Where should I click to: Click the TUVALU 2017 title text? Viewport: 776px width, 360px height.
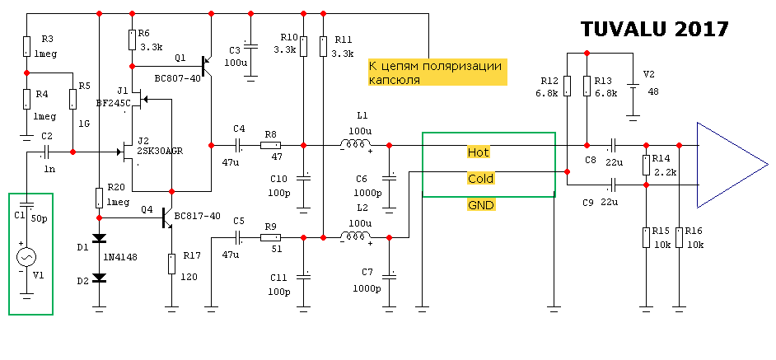(x=654, y=29)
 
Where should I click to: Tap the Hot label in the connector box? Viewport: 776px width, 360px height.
(x=479, y=152)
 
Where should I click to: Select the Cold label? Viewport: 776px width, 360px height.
(x=480, y=179)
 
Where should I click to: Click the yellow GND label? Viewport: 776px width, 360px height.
(x=480, y=204)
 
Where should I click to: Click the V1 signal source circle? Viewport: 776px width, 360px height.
(x=27, y=257)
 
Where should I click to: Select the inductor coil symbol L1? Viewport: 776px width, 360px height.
(x=355, y=146)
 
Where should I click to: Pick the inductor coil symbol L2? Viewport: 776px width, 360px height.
(x=355, y=237)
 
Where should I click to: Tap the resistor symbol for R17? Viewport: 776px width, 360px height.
(x=171, y=264)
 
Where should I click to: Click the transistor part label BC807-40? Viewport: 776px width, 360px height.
(x=178, y=79)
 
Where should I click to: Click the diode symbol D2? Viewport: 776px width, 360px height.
(x=100, y=278)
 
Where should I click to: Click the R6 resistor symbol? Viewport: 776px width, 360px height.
(x=132, y=40)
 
